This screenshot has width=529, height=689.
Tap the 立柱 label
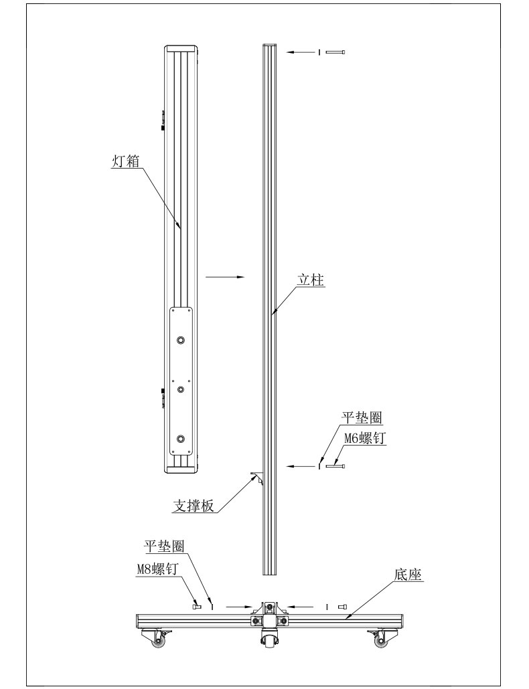311,280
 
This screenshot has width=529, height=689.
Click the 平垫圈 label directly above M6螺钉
362,418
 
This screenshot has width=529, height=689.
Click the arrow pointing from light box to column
224,276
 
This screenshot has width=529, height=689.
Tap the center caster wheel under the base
269,642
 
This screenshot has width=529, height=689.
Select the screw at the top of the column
335,52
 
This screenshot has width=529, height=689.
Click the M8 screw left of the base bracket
197,607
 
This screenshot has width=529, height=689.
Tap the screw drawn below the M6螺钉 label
335,466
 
